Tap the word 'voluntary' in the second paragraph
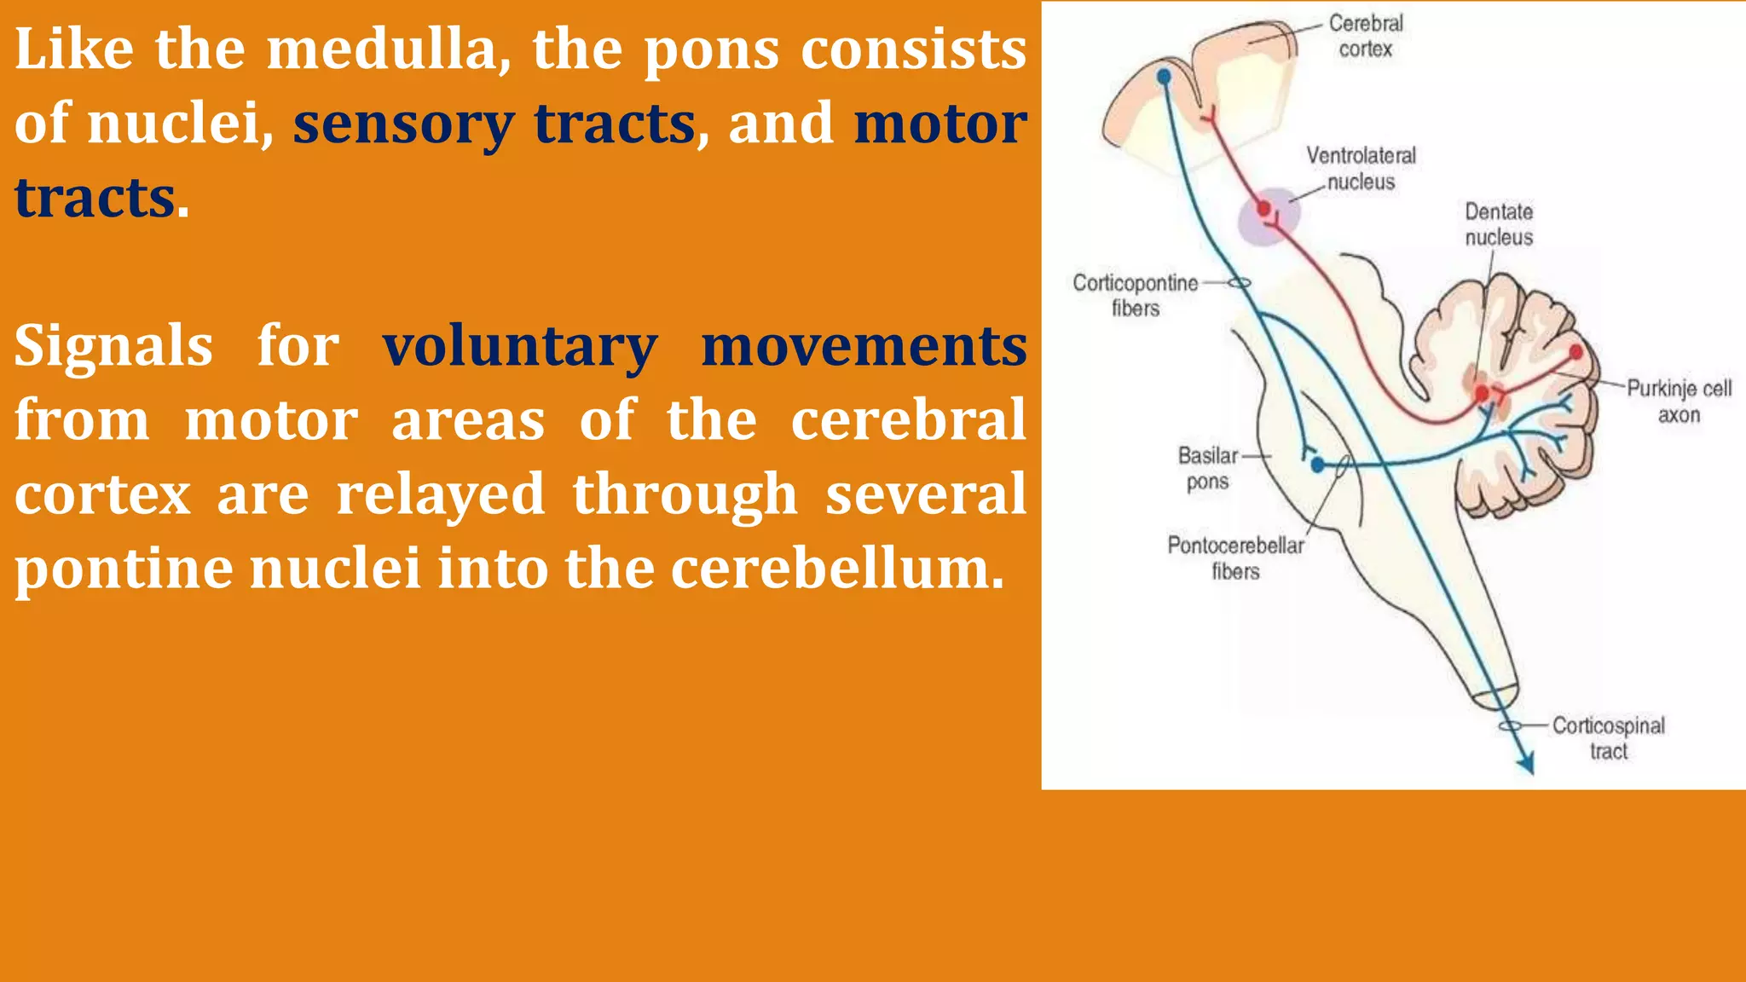pyautogui.click(x=519, y=347)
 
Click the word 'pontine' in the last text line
pyautogui.click(x=124, y=569)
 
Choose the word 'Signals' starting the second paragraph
pyautogui.click(x=113, y=347)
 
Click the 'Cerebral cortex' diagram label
pyautogui.click(x=1365, y=36)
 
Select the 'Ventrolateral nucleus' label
pyautogui.click(x=1361, y=169)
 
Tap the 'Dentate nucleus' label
pyautogui.click(x=1499, y=224)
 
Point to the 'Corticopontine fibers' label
pyautogui.click(x=1135, y=295)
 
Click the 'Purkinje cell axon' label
pyautogui.click(x=1679, y=401)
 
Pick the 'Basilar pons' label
pyautogui.click(x=1207, y=468)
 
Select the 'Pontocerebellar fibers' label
pyautogui.click(x=1235, y=557)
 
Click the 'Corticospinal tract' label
pyautogui.click(x=1608, y=738)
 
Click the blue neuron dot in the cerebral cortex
pyautogui.click(x=1164, y=78)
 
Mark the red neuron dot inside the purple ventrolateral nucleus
pyautogui.click(x=1264, y=207)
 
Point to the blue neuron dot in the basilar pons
pyautogui.click(x=1318, y=465)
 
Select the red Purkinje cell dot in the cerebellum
pyautogui.click(x=1575, y=352)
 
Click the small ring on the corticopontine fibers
pyautogui.click(x=1240, y=283)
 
